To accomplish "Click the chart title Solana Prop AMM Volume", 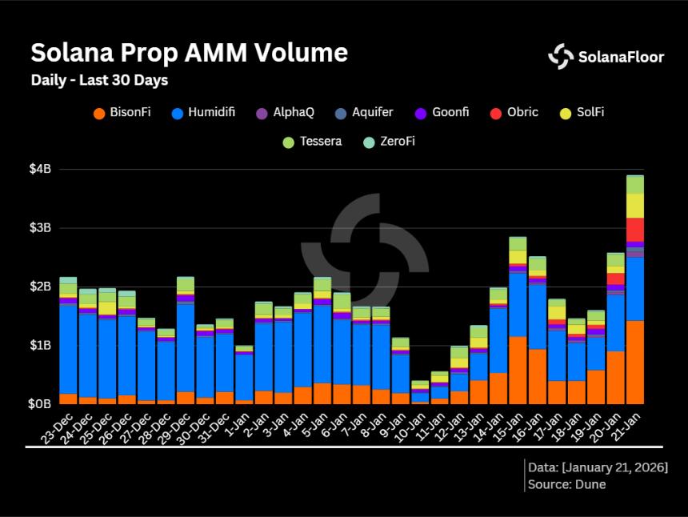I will [x=189, y=53].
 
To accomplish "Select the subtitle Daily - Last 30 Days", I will [x=99, y=81].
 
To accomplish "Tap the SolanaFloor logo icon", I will [x=561, y=56].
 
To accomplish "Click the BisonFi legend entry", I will [x=122, y=113].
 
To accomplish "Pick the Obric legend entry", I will [x=514, y=113].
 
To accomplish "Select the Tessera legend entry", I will [x=312, y=142].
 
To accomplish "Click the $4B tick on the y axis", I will [x=41, y=170].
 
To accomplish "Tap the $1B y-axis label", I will [x=41, y=346].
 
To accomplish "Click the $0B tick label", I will [x=41, y=404].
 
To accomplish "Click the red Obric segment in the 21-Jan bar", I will [x=635, y=229].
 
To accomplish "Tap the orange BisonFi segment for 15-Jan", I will [x=518, y=370].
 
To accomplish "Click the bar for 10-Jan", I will [x=420, y=393].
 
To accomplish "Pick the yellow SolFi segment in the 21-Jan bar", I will [x=635, y=205].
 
